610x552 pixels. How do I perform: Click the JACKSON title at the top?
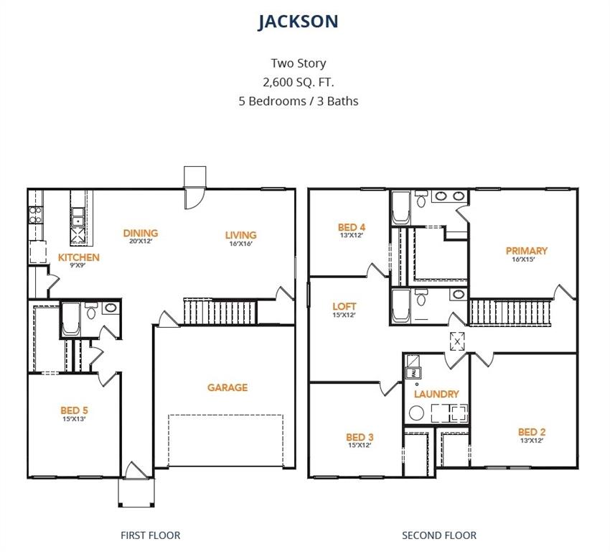(x=298, y=22)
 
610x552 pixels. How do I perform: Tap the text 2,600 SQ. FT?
(x=298, y=82)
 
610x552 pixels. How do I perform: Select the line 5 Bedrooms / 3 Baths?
(x=298, y=101)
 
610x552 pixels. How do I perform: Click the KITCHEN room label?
(x=79, y=257)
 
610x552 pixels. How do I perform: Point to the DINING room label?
(x=140, y=234)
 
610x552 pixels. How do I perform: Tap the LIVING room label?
(x=240, y=235)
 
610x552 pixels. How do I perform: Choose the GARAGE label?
(x=227, y=387)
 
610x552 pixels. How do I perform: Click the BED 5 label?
(x=74, y=410)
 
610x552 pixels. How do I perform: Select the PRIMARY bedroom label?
(x=526, y=251)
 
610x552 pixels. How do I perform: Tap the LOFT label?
(x=344, y=306)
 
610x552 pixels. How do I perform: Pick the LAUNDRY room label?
(x=436, y=394)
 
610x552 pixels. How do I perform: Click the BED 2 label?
(x=532, y=432)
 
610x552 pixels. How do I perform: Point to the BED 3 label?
(x=360, y=437)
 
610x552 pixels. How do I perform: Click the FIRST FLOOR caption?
(x=150, y=535)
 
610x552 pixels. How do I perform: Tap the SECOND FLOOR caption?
(x=438, y=535)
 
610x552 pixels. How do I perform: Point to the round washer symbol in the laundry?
(x=416, y=413)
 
